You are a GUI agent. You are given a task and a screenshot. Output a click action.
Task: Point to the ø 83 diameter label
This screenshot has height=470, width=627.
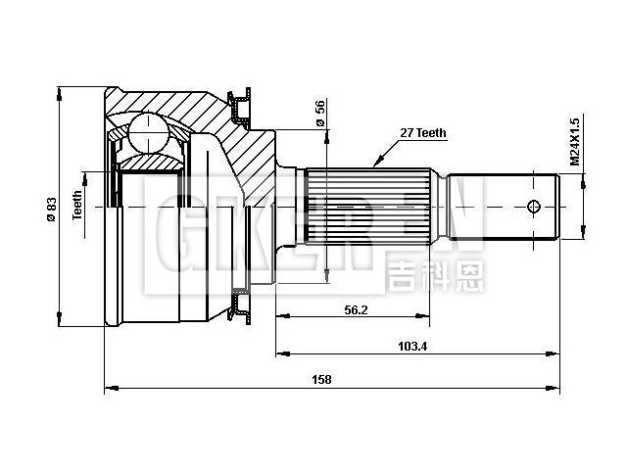(52, 209)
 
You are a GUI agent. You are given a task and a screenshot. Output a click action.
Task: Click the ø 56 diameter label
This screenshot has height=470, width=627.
(320, 114)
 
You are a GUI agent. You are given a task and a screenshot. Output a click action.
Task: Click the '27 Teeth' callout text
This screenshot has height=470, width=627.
(424, 133)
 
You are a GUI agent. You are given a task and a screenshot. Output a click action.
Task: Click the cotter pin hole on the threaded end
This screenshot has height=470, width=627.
(534, 207)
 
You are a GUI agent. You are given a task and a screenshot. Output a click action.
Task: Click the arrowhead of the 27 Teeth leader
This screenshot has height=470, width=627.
(373, 162)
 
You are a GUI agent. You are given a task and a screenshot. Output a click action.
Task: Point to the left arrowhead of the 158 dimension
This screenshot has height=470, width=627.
(108, 390)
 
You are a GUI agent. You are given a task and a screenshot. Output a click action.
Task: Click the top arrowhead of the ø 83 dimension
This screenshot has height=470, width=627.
(59, 94)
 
